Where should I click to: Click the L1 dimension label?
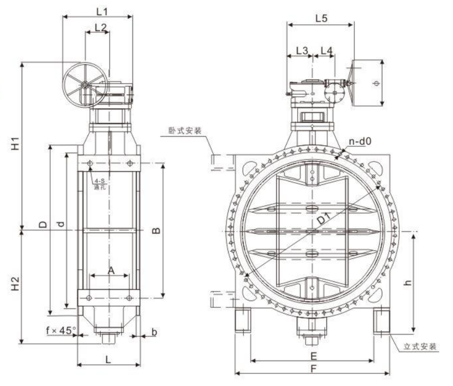pyautogui.click(x=102, y=12)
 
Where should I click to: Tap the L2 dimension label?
pyautogui.click(x=100, y=27)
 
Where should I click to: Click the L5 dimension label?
pyautogui.click(x=321, y=18)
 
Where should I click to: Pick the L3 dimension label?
pyautogui.click(x=302, y=51)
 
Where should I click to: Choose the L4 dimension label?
pyautogui.click(x=326, y=51)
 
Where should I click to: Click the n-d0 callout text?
pyautogui.click(x=360, y=142)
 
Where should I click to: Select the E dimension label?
pyautogui.click(x=314, y=356)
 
